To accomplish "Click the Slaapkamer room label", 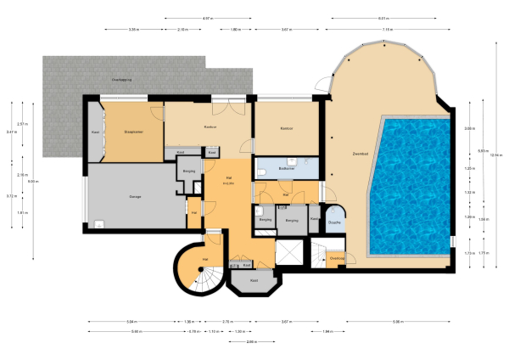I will coord(134,132).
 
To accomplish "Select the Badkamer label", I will coord(286,168).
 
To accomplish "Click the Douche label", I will coord(334,222).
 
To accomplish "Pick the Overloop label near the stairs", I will coord(336,257).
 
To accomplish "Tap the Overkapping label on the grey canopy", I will coord(123,78).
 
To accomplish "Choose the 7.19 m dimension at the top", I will coord(387,29).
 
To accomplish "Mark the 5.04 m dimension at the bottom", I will coord(130,322).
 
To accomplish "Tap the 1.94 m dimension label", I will coord(328,331).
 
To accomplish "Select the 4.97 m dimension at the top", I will coord(206,18).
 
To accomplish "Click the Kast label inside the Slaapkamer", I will coord(95,132).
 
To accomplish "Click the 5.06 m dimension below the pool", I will coord(397,322).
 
